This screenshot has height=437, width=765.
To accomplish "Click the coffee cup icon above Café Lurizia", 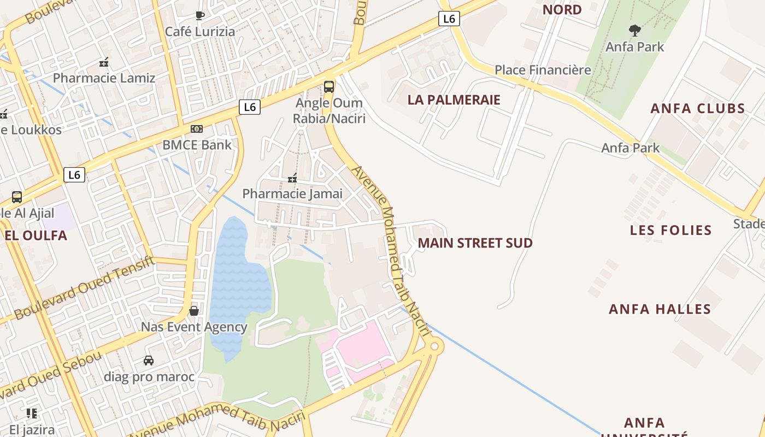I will [199, 16].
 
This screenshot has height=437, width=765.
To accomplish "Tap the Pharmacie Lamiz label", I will [104, 78].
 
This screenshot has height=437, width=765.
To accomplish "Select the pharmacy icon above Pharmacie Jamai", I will [292, 178].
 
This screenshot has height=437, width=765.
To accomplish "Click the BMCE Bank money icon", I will [197, 129].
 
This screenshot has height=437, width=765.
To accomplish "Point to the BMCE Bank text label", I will [197, 145].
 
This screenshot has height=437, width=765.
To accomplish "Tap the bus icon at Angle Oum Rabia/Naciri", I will [328, 87].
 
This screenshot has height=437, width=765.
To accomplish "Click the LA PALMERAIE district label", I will [454, 100].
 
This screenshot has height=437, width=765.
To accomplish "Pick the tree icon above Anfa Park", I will [634, 31].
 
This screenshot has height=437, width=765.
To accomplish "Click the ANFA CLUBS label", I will [698, 108].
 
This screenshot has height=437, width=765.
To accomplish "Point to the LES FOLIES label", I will [670, 230].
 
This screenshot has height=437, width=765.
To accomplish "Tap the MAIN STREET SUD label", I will [475, 243].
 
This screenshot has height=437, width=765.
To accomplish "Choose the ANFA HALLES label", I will [660, 309].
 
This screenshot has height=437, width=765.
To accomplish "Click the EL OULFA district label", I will [36, 235].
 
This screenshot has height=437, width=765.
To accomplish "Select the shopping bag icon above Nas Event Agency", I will [194, 311].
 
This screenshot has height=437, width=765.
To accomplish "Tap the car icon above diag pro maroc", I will [148, 361].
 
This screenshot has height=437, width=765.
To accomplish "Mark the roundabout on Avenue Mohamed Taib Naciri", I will [435, 346].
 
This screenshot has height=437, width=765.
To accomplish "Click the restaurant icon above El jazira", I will [31, 414].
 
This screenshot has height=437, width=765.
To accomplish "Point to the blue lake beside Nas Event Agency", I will [239, 284].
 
